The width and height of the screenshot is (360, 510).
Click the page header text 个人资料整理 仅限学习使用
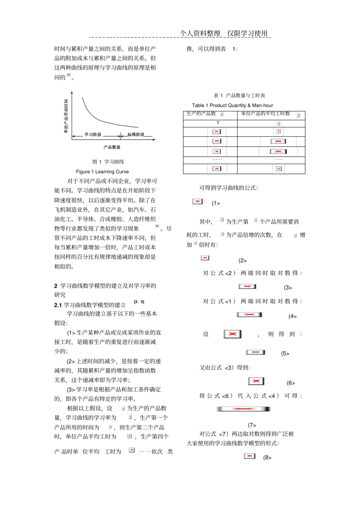(224, 33)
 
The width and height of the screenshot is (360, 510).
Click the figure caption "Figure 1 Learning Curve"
(102, 172)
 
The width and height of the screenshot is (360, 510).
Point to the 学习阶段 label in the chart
(93, 135)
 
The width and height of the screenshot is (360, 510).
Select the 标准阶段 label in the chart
(136, 135)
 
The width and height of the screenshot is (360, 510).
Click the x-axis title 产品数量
(112, 147)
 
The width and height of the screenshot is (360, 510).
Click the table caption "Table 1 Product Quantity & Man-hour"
(232, 105)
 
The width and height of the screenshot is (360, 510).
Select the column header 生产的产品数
(201, 114)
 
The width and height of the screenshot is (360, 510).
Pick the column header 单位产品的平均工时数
(265, 114)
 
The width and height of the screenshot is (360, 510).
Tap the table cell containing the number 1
(218, 123)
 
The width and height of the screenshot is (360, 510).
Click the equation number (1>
(216, 203)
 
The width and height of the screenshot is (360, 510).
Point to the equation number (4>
(292, 316)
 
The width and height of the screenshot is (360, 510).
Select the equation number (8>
(267, 458)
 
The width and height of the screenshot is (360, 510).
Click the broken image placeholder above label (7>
(243, 409)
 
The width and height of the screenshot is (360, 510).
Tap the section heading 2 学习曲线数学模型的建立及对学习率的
(105, 286)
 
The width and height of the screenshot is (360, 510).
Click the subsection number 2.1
(58, 305)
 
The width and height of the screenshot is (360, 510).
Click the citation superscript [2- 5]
(139, 302)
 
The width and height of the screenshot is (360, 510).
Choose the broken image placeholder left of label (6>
(256, 381)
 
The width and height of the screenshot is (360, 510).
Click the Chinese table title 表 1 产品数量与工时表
(239, 96)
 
